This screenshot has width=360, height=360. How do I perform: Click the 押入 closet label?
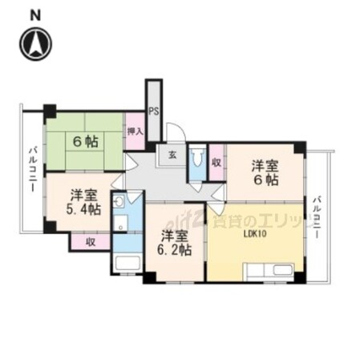[x=135, y=129]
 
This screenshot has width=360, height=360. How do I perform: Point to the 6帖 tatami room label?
[x=86, y=142]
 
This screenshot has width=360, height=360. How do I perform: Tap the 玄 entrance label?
[x=172, y=156]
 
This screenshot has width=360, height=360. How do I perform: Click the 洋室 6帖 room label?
[x=265, y=173]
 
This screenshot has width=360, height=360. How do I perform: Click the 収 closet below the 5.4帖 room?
[x=91, y=241]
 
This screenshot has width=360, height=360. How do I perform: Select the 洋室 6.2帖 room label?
[x=174, y=243]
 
